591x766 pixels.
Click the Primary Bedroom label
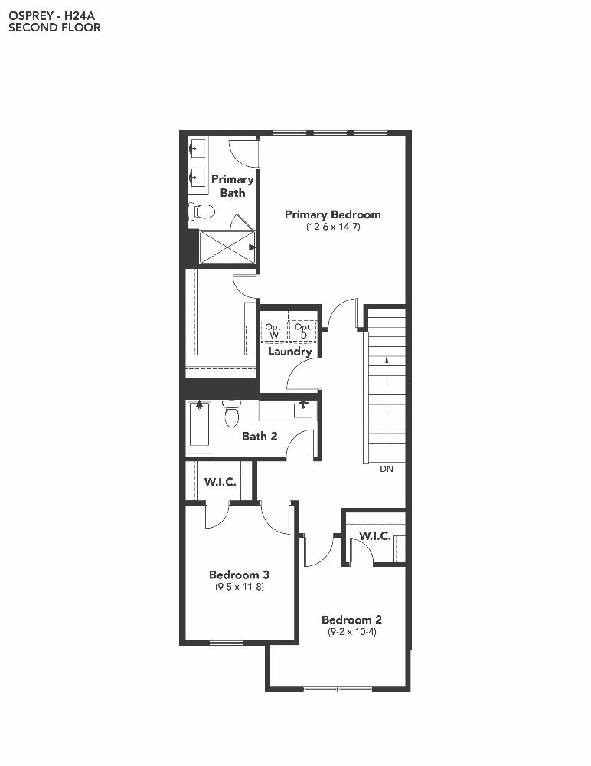[332, 214]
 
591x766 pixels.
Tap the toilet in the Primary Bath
[202, 211]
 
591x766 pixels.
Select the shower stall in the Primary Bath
[227, 247]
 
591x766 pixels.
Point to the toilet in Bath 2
[231, 414]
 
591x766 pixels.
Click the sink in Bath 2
[303, 409]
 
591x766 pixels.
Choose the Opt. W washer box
[274, 331]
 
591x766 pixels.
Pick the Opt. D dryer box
[303, 331]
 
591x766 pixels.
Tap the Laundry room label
[289, 352]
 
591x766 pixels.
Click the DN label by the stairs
[387, 469]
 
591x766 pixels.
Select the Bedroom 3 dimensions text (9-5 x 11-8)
[240, 587]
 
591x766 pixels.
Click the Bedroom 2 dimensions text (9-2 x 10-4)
[351, 632]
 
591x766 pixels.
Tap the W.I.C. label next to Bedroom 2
[374, 536]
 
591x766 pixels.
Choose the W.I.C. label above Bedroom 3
[220, 482]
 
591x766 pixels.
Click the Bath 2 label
[260, 437]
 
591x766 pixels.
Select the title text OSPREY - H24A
[52, 16]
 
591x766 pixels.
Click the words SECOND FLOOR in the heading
[54, 28]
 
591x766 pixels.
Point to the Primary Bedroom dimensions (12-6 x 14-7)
[333, 227]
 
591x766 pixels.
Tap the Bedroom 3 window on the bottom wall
[226, 643]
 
